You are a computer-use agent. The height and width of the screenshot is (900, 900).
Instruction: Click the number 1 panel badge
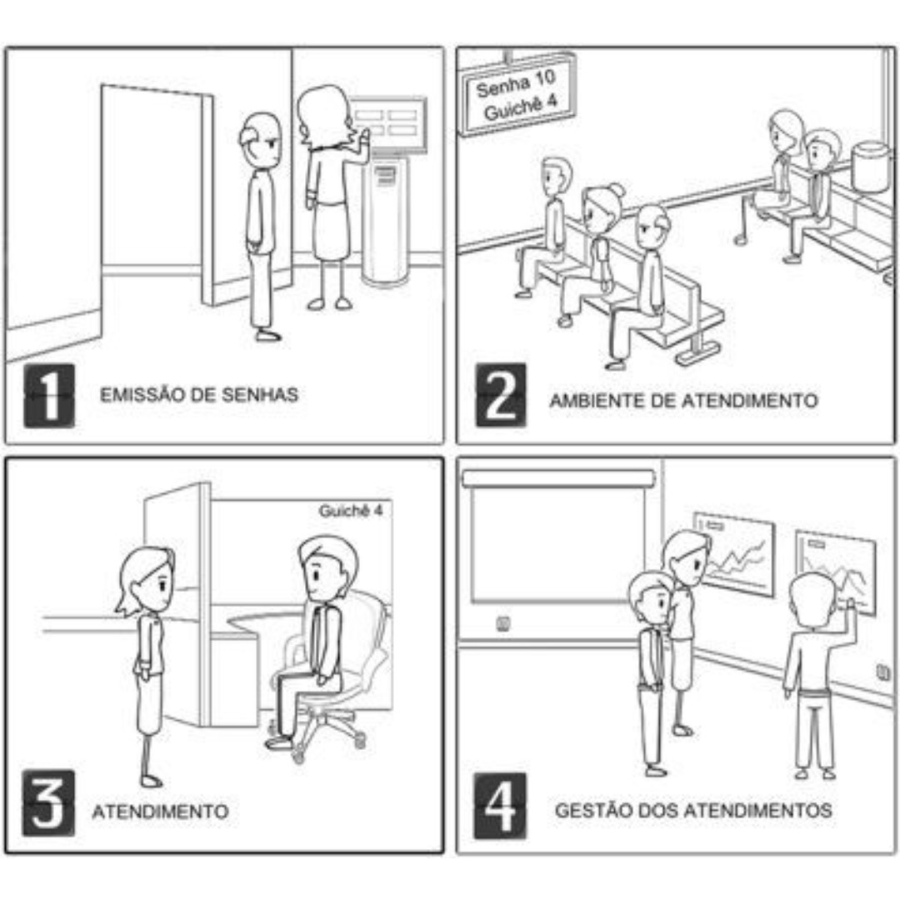(49, 396)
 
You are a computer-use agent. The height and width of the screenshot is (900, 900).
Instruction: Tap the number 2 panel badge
(501, 396)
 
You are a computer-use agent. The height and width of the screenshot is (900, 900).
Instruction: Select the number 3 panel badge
(49, 802)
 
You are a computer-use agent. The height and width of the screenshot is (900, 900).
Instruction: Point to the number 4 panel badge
(500, 805)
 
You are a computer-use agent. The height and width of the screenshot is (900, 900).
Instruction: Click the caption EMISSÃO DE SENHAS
(199, 395)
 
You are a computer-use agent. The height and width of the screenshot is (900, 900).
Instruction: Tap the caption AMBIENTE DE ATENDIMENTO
(683, 400)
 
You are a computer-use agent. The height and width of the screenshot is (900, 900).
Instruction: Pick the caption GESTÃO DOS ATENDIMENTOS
(693, 811)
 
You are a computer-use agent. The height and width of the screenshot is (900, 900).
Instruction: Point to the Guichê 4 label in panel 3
(351, 510)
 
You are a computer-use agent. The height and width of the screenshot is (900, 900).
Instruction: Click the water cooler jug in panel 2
(871, 167)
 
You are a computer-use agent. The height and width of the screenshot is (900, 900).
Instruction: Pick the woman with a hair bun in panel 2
(591, 252)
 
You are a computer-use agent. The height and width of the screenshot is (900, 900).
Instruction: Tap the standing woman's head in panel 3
(147, 581)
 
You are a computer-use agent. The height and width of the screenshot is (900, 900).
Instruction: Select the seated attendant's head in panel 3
(327, 570)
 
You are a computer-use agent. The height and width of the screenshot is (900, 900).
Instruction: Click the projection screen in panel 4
(557, 537)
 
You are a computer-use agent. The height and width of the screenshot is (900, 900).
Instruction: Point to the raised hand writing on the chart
(849, 604)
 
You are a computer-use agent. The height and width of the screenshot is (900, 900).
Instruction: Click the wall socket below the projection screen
(502, 623)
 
